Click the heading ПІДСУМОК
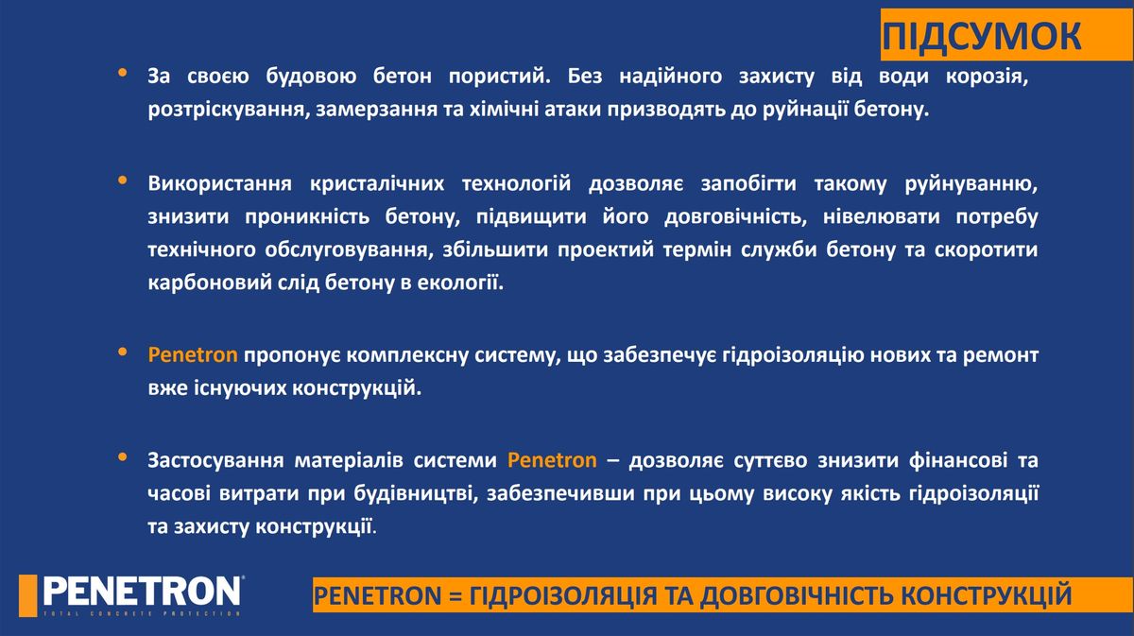(x=982, y=37)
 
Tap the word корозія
(x=988, y=77)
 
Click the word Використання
(x=219, y=183)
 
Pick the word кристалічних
(x=377, y=184)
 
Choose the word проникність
(x=306, y=217)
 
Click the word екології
(x=460, y=283)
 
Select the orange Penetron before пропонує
(x=193, y=355)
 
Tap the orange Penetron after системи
(x=552, y=460)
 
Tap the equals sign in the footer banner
(x=455, y=596)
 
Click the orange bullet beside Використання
(x=123, y=180)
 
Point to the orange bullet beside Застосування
(x=123, y=457)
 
